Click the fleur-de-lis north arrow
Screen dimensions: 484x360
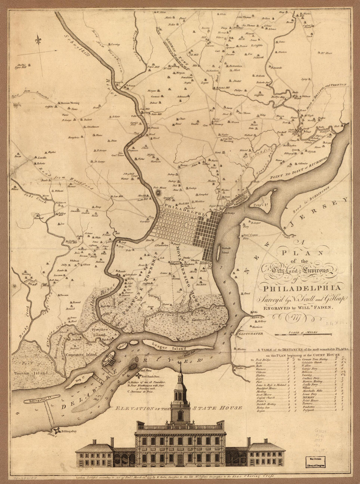(x=39, y=42)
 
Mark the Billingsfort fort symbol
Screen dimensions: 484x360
(x=58, y=431)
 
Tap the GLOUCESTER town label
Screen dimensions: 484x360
(x=251, y=333)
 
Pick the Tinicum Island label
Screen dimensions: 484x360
(x=32, y=373)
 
